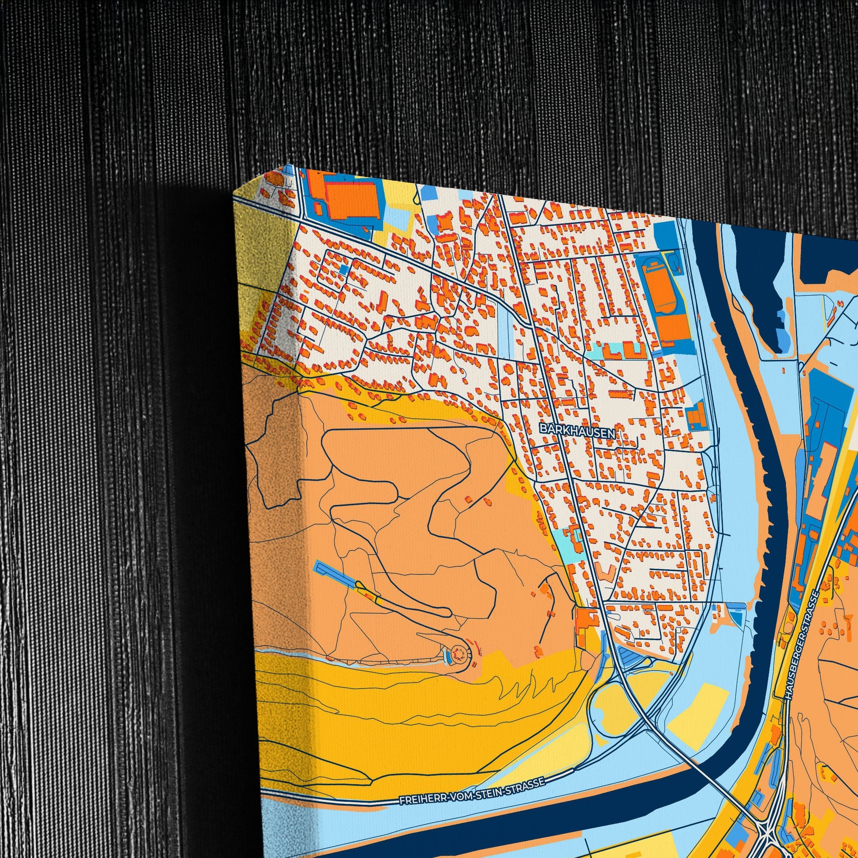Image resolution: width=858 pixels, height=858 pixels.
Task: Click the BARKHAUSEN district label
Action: [578, 430]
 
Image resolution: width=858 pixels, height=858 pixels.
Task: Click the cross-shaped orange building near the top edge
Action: [444, 222]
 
